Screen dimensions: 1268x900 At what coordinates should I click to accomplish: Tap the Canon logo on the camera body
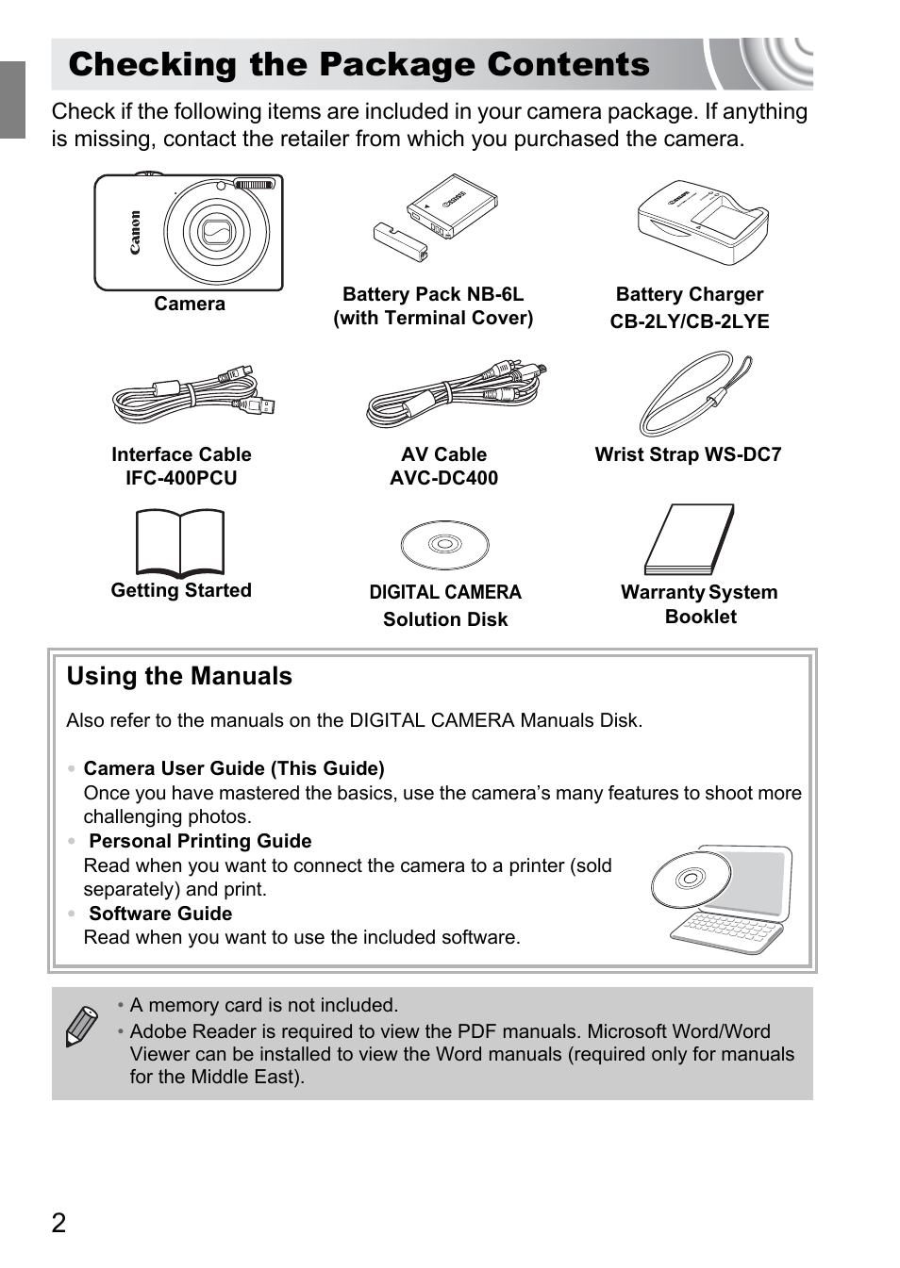pos(136,232)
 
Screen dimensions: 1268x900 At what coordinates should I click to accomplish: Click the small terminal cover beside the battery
pos(400,242)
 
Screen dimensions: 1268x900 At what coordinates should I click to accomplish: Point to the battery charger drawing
pos(703,223)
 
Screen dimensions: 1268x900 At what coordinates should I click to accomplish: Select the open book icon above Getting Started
pos(180,542)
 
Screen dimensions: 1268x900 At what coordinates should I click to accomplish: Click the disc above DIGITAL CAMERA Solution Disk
pos(444,544)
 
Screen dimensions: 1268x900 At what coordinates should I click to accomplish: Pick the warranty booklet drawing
pos(690,538)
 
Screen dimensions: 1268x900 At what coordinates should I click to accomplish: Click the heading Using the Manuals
pos(179,676)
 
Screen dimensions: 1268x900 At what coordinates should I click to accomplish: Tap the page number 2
pos(58,1223)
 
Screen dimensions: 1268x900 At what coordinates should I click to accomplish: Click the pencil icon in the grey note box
pos(81,1026)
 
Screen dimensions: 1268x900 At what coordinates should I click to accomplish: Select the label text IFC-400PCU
pos(181,478)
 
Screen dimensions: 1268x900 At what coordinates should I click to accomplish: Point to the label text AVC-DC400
pos(443,478)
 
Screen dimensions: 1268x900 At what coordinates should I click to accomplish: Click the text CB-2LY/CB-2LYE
pos(690,321)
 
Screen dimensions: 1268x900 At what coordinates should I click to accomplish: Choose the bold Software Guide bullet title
pos(160,914)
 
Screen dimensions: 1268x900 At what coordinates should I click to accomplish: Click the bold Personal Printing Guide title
pos(200,841)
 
